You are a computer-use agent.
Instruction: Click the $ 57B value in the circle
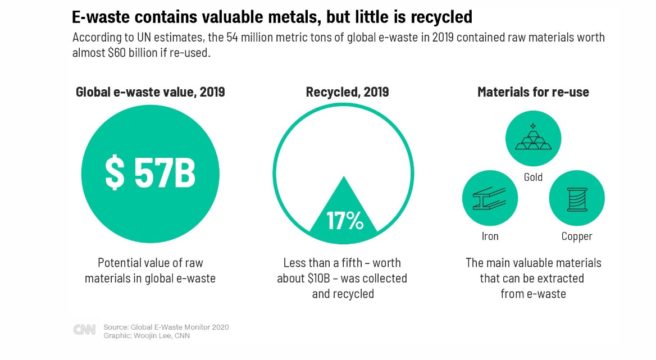[150, 173]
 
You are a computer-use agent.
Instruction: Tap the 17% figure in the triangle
[344, 221]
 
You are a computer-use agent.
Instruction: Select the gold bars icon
[533, 138]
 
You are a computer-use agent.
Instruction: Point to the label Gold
[533, 177]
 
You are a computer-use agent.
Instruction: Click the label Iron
[490, 236]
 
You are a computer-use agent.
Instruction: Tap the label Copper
[577, 236]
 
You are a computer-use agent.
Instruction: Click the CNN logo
[84, 330]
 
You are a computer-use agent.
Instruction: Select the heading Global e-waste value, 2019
[151, 92]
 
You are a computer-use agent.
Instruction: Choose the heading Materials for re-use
[533, 92]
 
